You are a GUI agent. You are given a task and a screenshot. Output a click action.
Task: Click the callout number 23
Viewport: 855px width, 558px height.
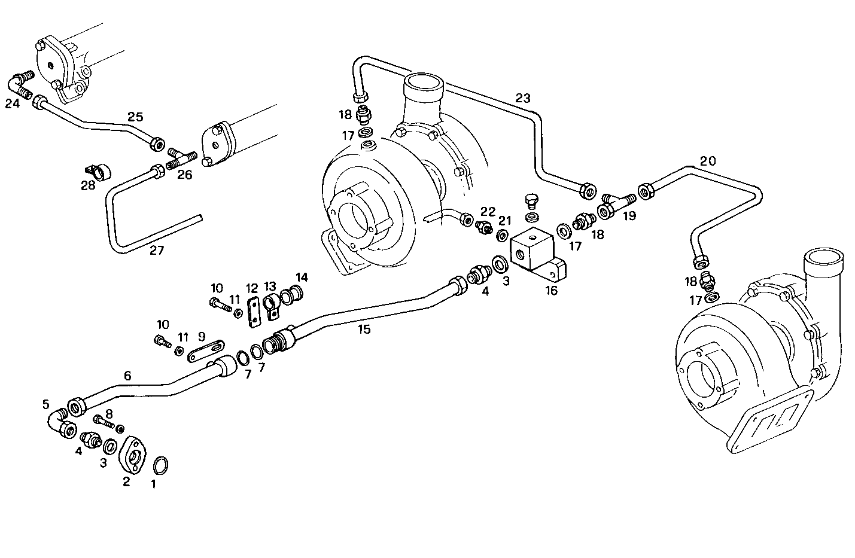[523, 99]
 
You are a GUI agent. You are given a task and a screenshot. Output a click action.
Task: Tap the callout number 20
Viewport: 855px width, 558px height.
[707, 161]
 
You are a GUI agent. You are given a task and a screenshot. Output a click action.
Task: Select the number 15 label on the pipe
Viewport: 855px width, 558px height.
[364, 329]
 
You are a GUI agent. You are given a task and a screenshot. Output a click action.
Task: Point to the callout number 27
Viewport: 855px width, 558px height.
[156, 251]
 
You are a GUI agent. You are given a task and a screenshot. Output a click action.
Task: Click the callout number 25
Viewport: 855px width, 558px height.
[136, 117]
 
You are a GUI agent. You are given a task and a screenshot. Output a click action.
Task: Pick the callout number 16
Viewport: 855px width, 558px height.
[551, 291]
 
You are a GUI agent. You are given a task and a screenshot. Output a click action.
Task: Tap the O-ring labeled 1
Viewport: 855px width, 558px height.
[160, 464]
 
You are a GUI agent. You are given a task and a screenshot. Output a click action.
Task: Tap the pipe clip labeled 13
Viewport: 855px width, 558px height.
[272, 303]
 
